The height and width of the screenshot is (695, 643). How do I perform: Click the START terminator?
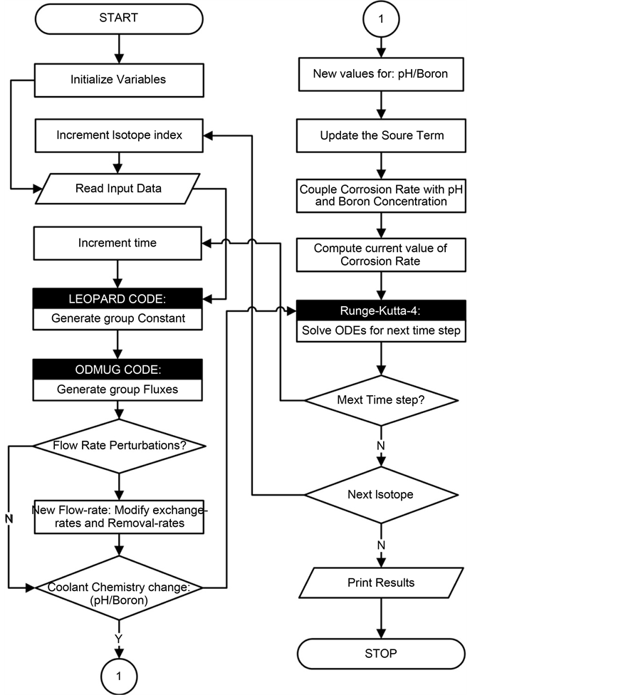tap(117, 18)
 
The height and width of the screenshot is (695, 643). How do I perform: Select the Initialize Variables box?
tap(117, 79)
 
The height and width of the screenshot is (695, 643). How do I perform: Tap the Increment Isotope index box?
tap(117, 135)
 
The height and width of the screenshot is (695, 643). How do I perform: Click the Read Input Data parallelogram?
tap(117, 189)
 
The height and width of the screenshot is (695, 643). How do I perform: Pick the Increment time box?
tap(117, 243)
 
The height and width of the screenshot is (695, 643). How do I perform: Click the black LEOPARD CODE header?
tap(117, 297)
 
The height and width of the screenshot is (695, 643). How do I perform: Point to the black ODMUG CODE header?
tap(117, 368)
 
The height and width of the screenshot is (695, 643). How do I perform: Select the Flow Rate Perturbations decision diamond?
tap(117, 446)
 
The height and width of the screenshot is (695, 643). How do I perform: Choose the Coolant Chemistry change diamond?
tap(117, 588)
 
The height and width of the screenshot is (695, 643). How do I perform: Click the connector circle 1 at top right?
tap(381, 20)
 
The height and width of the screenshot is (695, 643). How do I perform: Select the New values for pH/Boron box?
tap(381, 74)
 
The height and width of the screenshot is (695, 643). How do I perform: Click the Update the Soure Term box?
tap(381, 135)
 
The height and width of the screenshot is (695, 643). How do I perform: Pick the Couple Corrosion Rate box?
tap(381, 195)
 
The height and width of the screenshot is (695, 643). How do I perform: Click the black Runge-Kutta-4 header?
tap(381, 310)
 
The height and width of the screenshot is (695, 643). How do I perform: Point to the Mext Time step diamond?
tap(381, 399)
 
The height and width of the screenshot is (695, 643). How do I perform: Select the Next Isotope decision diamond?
tap(381, 494)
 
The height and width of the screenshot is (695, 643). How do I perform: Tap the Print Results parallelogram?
tap(381, 582)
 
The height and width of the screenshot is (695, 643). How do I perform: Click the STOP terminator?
tap(381, 653)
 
